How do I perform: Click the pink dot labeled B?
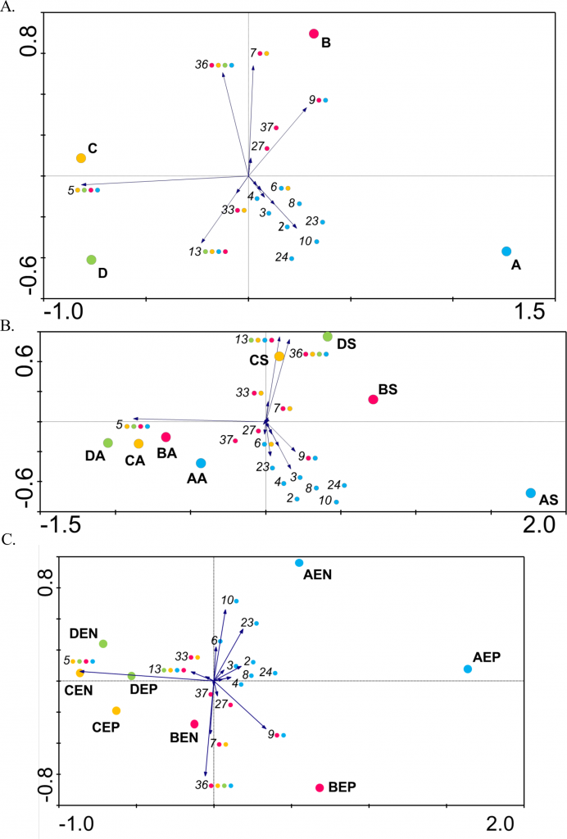click(314, 34)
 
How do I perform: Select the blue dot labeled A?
click(506, 252)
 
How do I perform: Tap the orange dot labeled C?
click(81, 158)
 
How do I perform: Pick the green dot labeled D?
click(92, 260)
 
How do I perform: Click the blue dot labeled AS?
click(531, 493)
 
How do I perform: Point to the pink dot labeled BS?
click(373, 400)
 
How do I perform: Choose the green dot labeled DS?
click(328, 337)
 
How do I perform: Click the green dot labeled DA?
click(108, 443)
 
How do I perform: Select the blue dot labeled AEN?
click(300, 563)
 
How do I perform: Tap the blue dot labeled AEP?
click(468, 669)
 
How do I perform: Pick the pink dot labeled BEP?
click(320, 788)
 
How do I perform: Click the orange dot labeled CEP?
click(116, 711)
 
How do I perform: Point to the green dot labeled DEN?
click(103, 644)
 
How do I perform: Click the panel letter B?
click(7, 326)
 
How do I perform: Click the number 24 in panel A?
click(281, 257)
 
